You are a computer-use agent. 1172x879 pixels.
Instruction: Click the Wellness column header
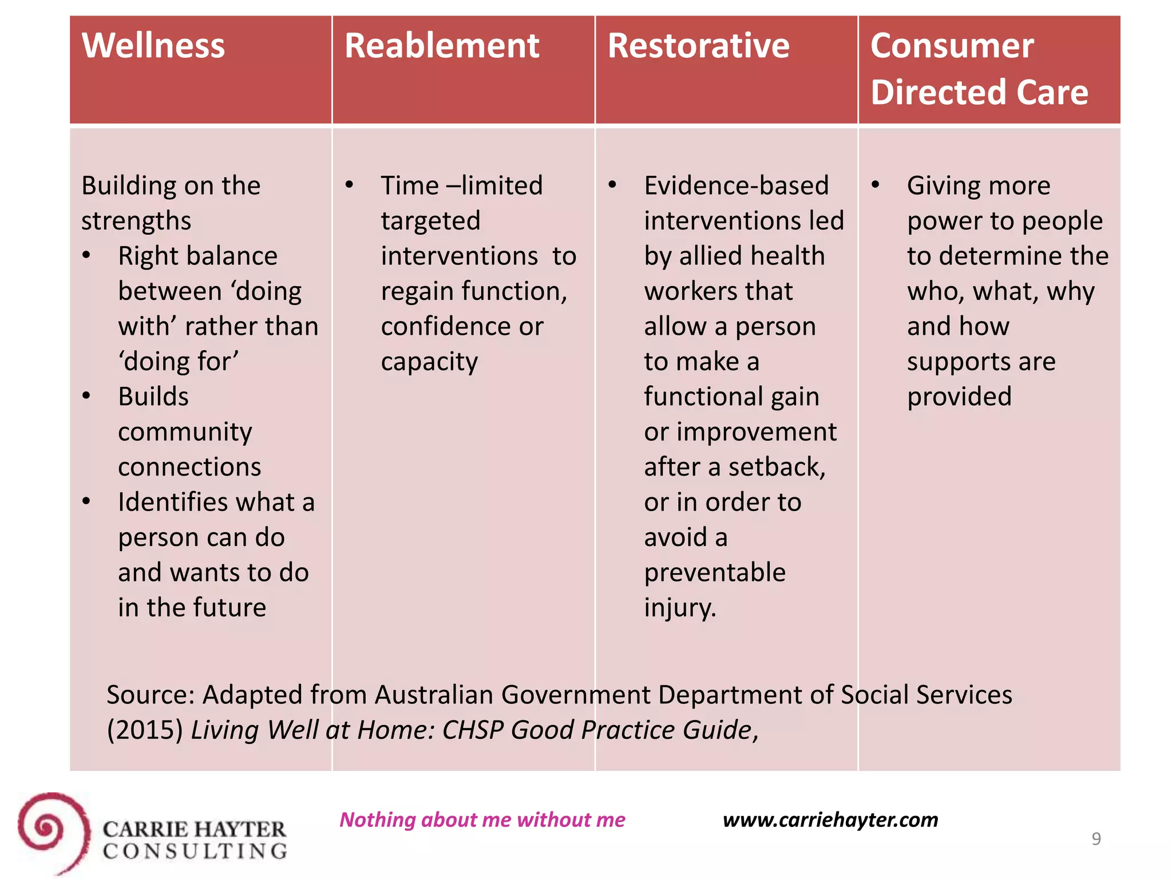153,46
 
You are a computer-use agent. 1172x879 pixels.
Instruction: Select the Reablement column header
442,46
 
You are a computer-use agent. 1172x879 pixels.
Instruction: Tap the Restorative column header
698,46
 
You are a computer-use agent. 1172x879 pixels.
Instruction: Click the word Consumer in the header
952,46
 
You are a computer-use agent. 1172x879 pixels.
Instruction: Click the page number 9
1096,839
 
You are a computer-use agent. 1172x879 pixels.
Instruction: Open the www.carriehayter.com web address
830,819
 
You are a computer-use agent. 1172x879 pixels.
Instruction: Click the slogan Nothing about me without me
482,819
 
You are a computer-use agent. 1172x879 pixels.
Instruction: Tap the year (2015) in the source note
145,730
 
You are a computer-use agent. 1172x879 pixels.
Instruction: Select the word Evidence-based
736,185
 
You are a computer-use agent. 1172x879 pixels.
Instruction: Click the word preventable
715,572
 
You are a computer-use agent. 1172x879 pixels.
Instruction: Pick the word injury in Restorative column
679,608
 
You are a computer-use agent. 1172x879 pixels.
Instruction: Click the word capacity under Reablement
429,362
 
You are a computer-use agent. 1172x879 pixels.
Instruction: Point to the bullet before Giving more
875,185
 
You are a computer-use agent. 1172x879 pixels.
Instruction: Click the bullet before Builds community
86,395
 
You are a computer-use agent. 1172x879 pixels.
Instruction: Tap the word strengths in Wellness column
136,221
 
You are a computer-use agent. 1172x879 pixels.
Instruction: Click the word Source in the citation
151,695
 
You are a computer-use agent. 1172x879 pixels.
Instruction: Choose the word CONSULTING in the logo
195,852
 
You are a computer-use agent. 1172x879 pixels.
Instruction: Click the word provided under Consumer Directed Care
959,397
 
